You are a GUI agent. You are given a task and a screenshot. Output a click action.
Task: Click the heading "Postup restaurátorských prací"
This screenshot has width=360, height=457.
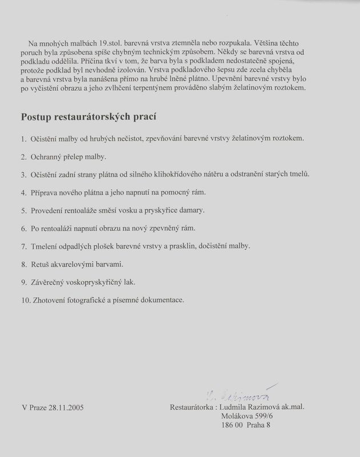tap(89, 117)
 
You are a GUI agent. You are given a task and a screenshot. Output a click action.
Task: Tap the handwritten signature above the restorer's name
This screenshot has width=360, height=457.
tap(240, 394)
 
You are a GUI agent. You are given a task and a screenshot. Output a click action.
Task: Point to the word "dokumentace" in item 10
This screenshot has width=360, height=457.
tap(163, 300)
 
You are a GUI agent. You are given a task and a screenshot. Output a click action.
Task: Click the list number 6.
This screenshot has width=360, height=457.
tap(24, 228)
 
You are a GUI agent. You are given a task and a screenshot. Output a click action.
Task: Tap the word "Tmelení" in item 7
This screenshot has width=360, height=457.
tap(45, 246)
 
